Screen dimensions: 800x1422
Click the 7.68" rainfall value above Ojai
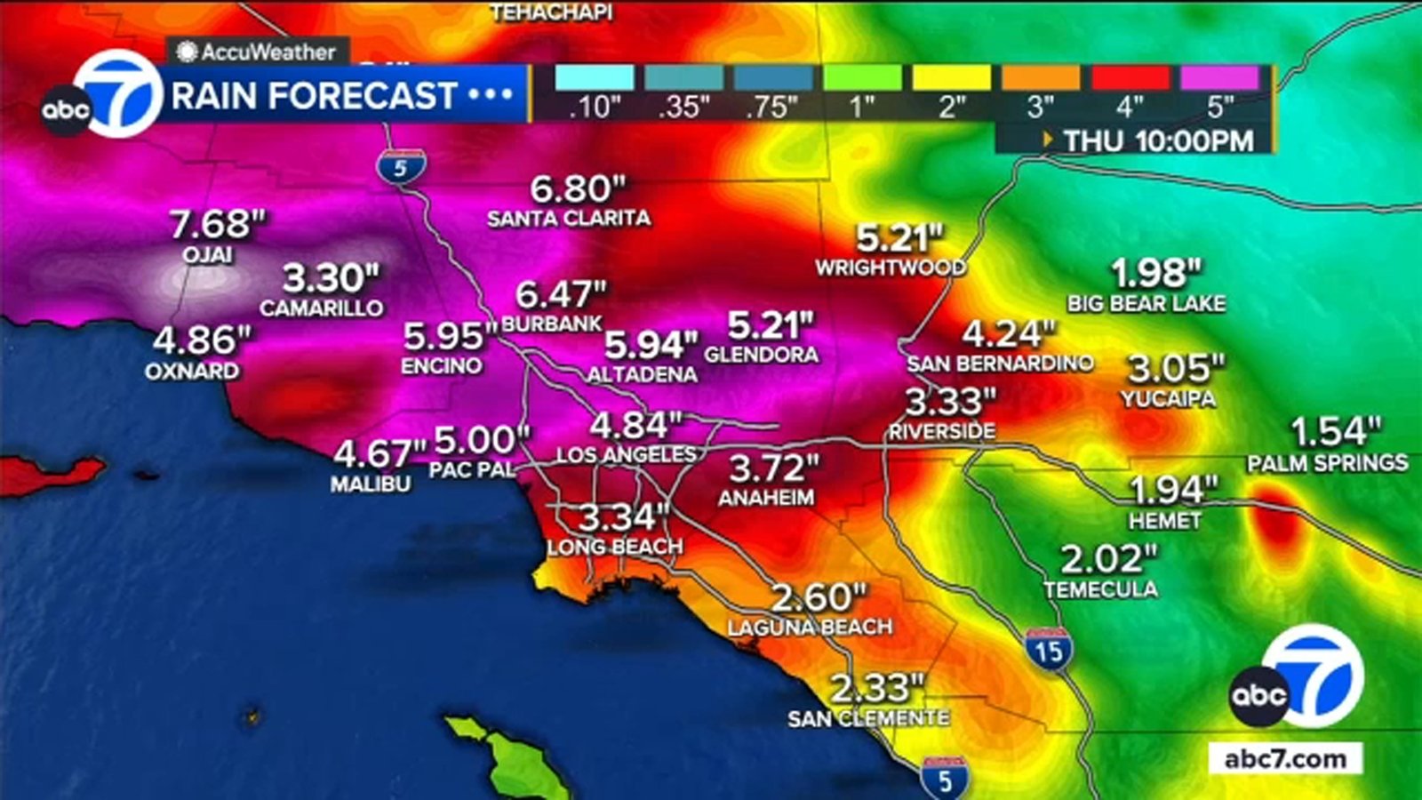tap(218, 224)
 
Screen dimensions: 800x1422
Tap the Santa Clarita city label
tap(569, 219)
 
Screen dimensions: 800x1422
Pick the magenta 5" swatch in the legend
tap(1219, 77)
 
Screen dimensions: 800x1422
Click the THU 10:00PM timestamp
tap(1158, 140)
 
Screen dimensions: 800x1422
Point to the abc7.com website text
tap(1285, 758)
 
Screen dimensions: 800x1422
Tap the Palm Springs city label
tap(1327, 463)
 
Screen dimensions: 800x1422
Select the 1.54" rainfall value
tap(1336, 432)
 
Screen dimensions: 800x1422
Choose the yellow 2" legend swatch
tap(952, 77)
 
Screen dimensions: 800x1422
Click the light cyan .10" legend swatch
tap(595, 77)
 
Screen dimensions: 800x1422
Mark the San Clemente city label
tap(868, 718)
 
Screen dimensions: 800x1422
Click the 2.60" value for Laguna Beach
tap(818, 597)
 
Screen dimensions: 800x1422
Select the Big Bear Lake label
tap(1146, 304)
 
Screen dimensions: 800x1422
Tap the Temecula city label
tap(1100, 589)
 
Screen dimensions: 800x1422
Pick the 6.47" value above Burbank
tap(561, 293)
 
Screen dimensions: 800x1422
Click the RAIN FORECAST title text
tap(314, 96)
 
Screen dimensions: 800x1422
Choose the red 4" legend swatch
tap(1130, 77)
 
